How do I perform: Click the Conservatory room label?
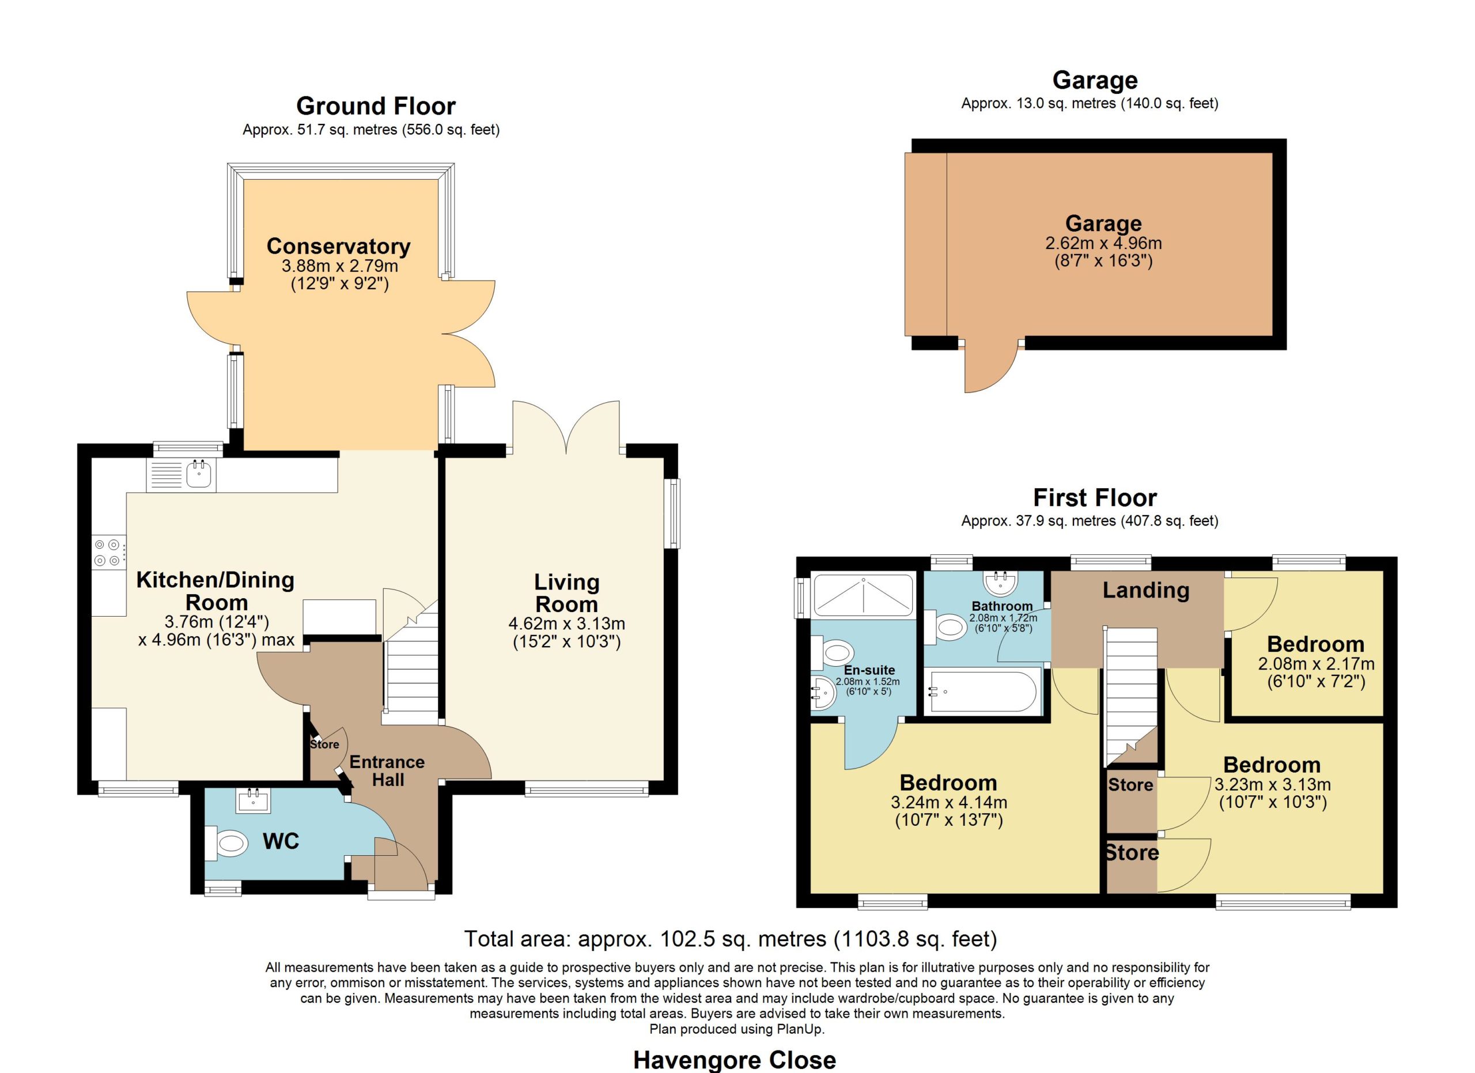[x=338, y=247]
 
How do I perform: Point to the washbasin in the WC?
[x=254, y=800]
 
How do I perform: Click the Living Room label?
[x=566, y=593]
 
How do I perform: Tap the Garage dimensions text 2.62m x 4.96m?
[x=1103, y=243]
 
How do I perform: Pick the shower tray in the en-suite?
[x=863, y=595]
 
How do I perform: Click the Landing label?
[x=1145, y=590]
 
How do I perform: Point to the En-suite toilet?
[x=834, y=653]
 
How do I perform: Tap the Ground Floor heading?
[x=376, y=105]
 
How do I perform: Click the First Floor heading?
[x=1095, y=497]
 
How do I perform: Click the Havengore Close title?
[x=734, y=1060]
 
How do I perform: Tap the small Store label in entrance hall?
[x=324, y=744]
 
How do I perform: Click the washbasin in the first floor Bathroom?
[x=1001, y=583]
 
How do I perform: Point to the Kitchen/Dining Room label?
[x=215, y=591]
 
